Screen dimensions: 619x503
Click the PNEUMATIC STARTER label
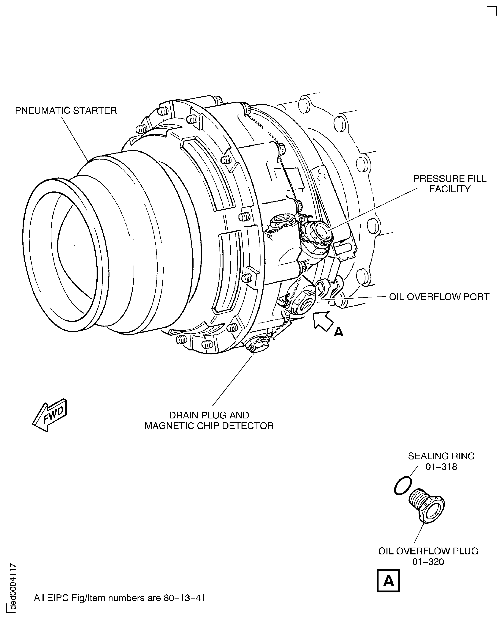pos(66,111)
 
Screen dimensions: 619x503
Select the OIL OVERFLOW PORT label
pos(439,297)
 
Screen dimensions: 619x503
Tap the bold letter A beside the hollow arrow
pos(338,332)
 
